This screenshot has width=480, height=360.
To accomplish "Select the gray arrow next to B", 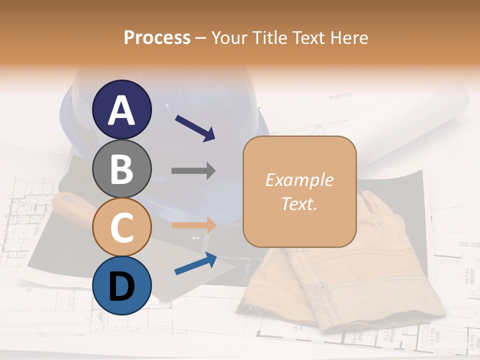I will coord(193,171).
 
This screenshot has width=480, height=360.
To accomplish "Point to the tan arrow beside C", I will coord(193,225).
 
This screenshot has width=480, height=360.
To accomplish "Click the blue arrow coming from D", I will coord(195,264).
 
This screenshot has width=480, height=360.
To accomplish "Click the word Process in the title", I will coord(157,38).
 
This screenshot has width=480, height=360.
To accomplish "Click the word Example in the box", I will coord(299,180).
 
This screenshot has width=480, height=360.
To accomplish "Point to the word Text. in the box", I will coord(299,204).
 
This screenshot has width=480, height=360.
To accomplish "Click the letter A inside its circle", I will coord(121,110).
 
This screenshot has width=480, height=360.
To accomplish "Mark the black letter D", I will coord(121,286).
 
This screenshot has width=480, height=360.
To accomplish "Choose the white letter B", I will coord(121,168).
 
